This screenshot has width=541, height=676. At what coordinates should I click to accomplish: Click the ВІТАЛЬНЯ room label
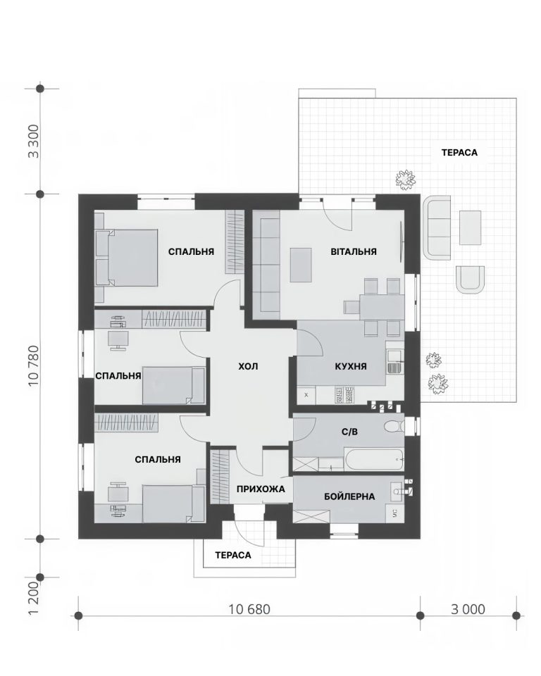tap(354, 251)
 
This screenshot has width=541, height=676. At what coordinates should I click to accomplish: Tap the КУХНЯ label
tap(351, 366)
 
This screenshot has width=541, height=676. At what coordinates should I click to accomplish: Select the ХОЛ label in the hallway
tap(248, 366)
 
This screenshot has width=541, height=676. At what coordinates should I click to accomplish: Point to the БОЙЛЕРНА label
tap(349, 496)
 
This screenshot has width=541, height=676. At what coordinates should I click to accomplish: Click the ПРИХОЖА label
tap(261, 489)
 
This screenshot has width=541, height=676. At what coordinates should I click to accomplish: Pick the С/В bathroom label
tap(349, 432)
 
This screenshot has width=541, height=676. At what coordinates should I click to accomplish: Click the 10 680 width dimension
tap(249, 609)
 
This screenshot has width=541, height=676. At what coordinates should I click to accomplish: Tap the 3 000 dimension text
tap(468, 609)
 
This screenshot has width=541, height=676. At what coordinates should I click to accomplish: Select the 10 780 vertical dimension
tap(34, 365)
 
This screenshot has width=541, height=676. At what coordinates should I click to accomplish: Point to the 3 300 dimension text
tap(34, 142)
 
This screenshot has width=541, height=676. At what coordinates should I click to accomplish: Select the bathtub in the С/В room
tap(374, 460)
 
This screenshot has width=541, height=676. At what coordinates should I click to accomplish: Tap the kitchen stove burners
tap(344, 395)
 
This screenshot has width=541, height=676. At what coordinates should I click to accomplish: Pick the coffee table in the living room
tap(301, 265)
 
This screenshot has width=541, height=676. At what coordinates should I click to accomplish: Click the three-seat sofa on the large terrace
tap(437, 227)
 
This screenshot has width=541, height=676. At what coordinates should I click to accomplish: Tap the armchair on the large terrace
tap(471, 280)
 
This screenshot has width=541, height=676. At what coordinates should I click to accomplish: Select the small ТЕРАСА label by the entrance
tap(233, 556)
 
